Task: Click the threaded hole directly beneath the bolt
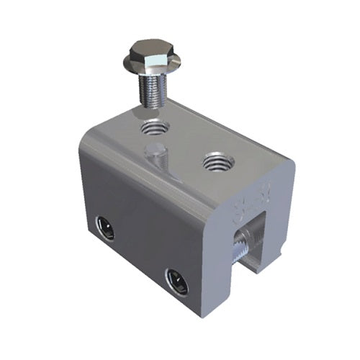(x=154, y=130)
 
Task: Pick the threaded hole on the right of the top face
(x=216, y=162)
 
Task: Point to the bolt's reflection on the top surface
(x=156, y=157)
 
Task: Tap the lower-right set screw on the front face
(x=176, y=280)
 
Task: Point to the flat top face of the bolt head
(x=154, y=49)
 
